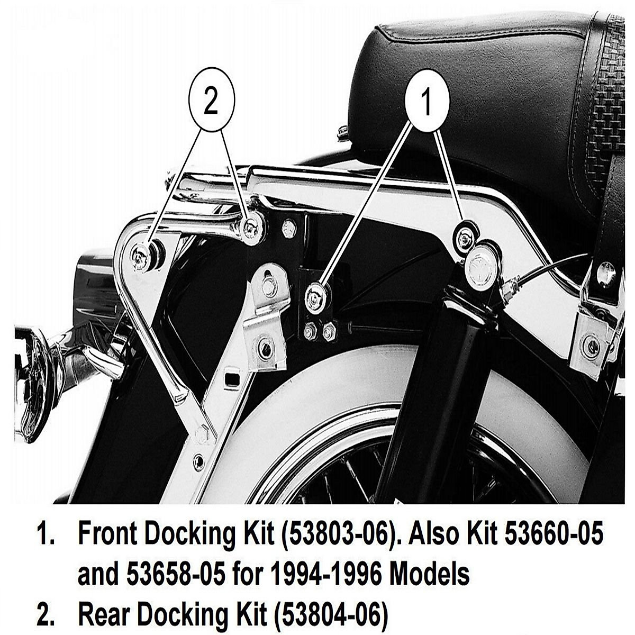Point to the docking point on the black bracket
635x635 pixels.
(x=316, y=298)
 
